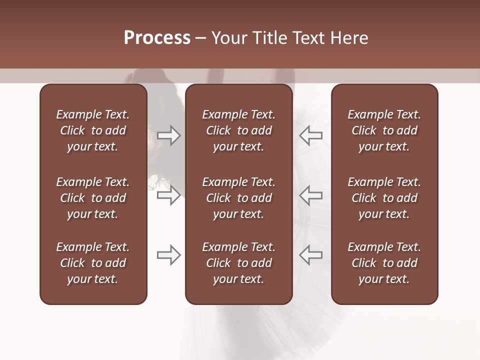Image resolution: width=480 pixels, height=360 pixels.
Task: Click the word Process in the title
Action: [157, 38]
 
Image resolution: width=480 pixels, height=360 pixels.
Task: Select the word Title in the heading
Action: [269, 38]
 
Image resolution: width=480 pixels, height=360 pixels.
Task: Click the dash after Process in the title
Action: [201, 38]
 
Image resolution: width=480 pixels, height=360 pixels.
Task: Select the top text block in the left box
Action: [93, 130]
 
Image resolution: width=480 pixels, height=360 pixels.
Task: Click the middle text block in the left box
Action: [93, 198]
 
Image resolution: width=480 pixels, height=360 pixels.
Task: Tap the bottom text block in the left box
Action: [93, 263]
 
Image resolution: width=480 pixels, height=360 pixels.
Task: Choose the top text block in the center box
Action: [239, 130]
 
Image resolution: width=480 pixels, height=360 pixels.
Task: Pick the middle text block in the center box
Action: [239, 198]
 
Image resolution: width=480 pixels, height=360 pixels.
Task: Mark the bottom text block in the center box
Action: [239, 263]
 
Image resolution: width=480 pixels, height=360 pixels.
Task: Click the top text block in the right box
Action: [384, 130]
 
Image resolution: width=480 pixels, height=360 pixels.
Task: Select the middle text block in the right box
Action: [384, 198]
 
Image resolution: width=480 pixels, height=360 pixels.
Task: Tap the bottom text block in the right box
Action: [384, 263]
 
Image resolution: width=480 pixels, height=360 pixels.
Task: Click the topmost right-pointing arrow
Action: [169, 135]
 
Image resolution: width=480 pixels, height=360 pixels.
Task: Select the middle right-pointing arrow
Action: [169, 195]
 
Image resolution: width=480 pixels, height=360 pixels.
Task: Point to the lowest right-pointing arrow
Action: [169, 255]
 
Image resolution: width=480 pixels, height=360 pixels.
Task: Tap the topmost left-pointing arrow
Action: [310, 135]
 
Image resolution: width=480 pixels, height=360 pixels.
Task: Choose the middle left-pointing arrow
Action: [310, 195]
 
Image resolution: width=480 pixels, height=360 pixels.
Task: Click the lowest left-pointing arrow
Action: [310, 255]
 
